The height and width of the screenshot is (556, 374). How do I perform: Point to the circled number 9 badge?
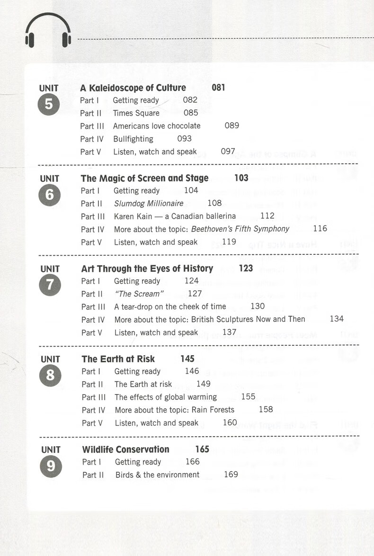(51, 466)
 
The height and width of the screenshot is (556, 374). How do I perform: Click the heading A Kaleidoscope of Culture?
(133, 88)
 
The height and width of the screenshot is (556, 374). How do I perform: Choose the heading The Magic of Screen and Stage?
(144, 178)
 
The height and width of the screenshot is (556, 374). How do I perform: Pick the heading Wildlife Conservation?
(125, 449)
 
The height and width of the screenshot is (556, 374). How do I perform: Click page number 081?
(218, 88)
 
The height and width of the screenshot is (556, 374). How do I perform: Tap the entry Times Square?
(136, 113)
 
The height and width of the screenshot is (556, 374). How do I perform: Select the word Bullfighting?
(133, 139)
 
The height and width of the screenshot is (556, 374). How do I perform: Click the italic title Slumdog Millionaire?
(149, 204)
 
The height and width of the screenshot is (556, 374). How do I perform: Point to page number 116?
(320, 229)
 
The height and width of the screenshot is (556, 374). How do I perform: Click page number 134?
(337, 319)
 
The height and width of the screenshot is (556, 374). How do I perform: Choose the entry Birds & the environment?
(157, 475)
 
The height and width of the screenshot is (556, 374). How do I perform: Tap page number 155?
(248, 397)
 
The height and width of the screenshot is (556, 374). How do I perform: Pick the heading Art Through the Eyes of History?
(147, 269)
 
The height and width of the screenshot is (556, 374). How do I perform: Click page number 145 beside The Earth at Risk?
(187, 359)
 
